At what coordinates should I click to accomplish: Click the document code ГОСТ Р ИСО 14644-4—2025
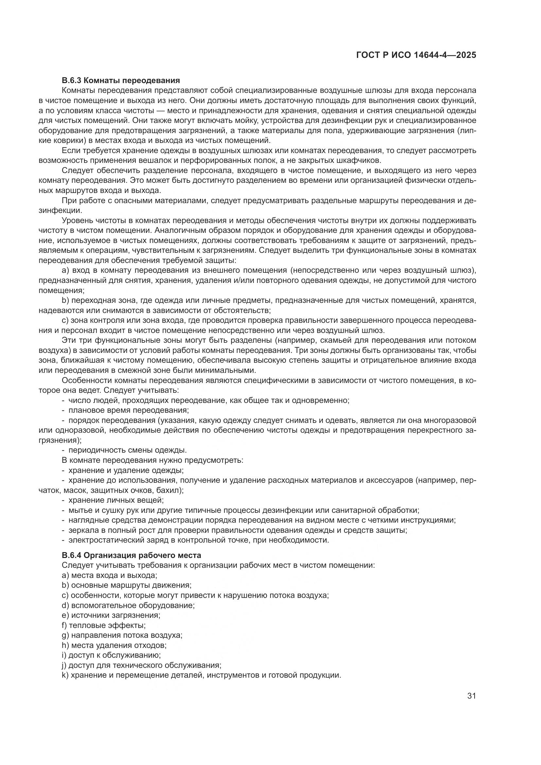point(416,55)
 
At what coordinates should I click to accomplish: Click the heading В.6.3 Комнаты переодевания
point(121,80)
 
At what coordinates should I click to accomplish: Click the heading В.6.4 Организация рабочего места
point(131,555)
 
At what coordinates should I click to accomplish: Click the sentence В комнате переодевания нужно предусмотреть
point(152,460)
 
